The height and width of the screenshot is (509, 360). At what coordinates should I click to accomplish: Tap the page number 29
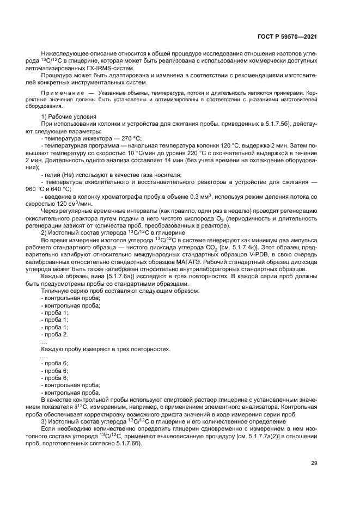[314, 463]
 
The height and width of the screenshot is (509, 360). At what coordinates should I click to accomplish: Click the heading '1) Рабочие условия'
[69, 118]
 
